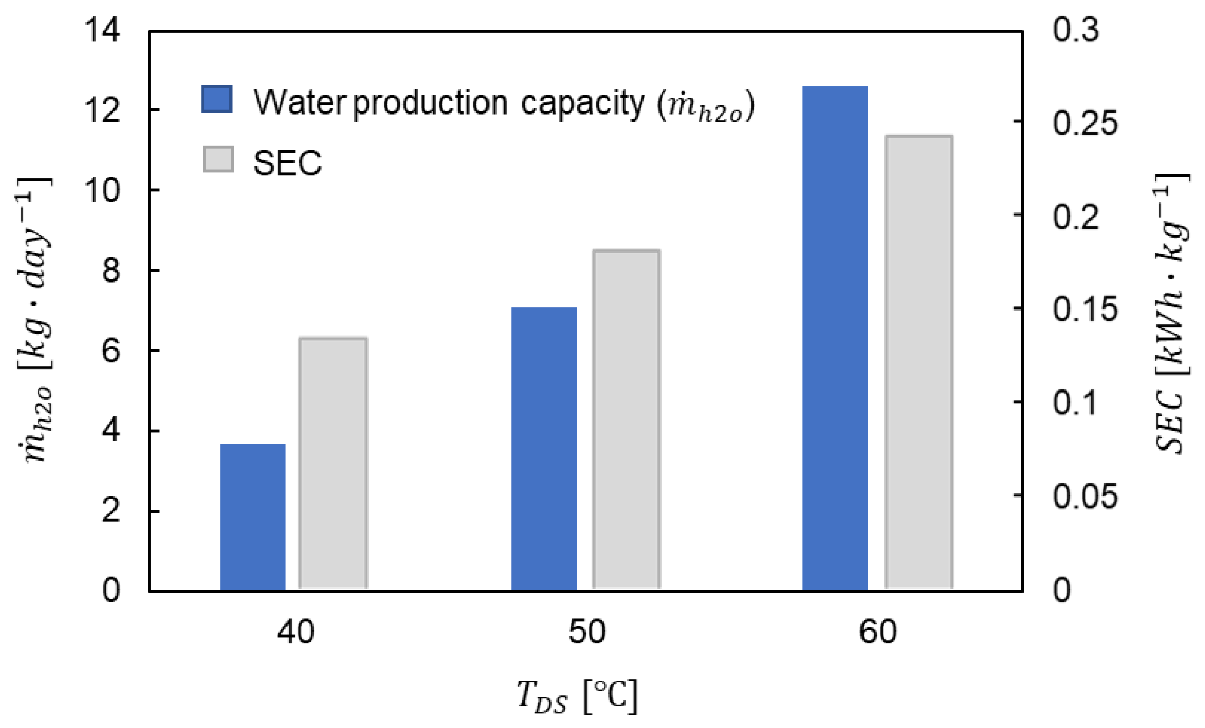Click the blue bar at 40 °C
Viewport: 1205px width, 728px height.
(x=253, y=517)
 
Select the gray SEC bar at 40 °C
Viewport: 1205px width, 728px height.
(x=333, y=463)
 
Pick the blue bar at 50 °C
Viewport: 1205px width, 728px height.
(x=544, y=448)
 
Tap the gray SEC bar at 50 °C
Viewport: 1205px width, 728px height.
(x=626, y=420)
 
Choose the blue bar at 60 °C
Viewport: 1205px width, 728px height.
(x=835, y=339)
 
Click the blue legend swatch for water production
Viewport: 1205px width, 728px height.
(x=217, y=99)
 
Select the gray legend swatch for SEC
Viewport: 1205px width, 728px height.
(x=218, y=159)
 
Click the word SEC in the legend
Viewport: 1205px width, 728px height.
(x=288, y=163)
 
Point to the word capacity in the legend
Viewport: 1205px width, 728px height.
(x=583, y=104)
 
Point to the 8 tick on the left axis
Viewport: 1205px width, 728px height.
(x=111, y=270)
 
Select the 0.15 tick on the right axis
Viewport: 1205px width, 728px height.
(x=1085, y=309)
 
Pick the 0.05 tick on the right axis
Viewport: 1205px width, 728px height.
(x=1085, y=495)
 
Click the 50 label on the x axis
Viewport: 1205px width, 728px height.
(x=587, y=632)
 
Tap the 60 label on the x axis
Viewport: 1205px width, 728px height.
(x=878, y=632)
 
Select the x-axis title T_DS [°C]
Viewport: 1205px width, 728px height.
(x=577, y=696)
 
